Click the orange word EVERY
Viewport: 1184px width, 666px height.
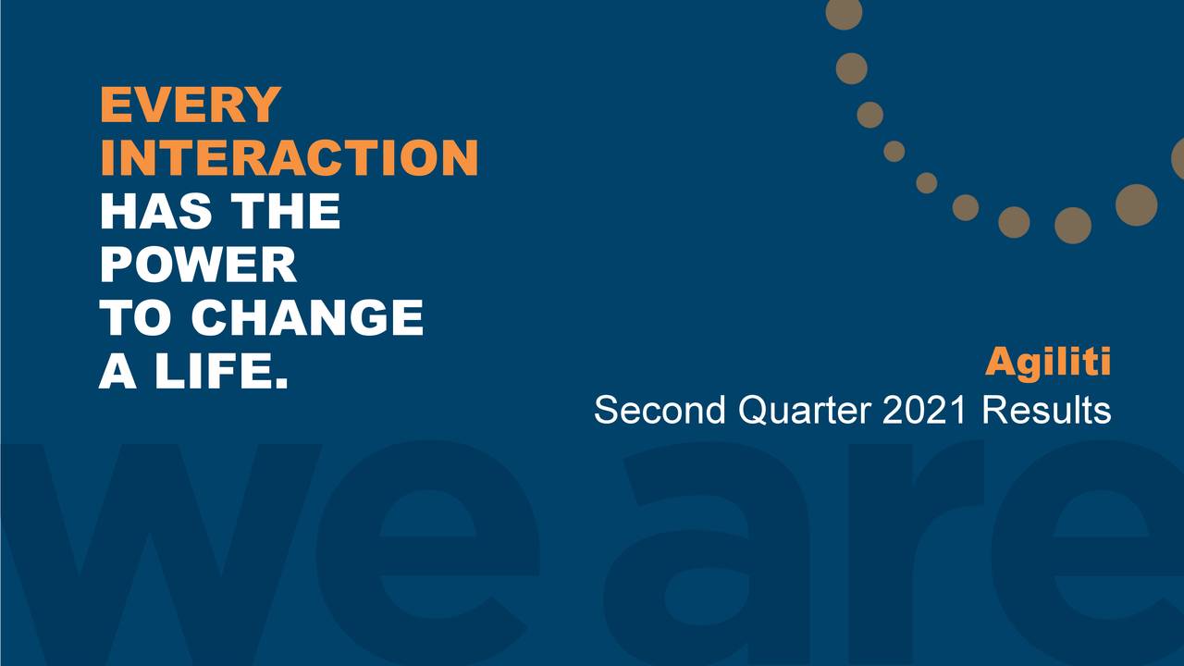click(191, 105)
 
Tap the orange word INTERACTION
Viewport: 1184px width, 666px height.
click(290, 157)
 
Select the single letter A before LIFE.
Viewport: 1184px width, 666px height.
click(117, 371)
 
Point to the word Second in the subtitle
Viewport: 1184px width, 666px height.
click(660, 410)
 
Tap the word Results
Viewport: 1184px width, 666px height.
click(1046, 410)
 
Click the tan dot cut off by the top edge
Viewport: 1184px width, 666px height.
click(845, 12)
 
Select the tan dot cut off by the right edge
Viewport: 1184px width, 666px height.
click(1178, 158)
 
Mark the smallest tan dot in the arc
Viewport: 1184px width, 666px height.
click(927, 183)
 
